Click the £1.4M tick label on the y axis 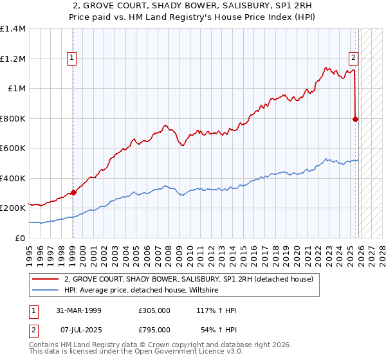13,29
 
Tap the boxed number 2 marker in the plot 353,57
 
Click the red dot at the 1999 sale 73,192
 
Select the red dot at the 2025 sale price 356,119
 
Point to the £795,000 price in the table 154,330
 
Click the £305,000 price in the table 154,310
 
